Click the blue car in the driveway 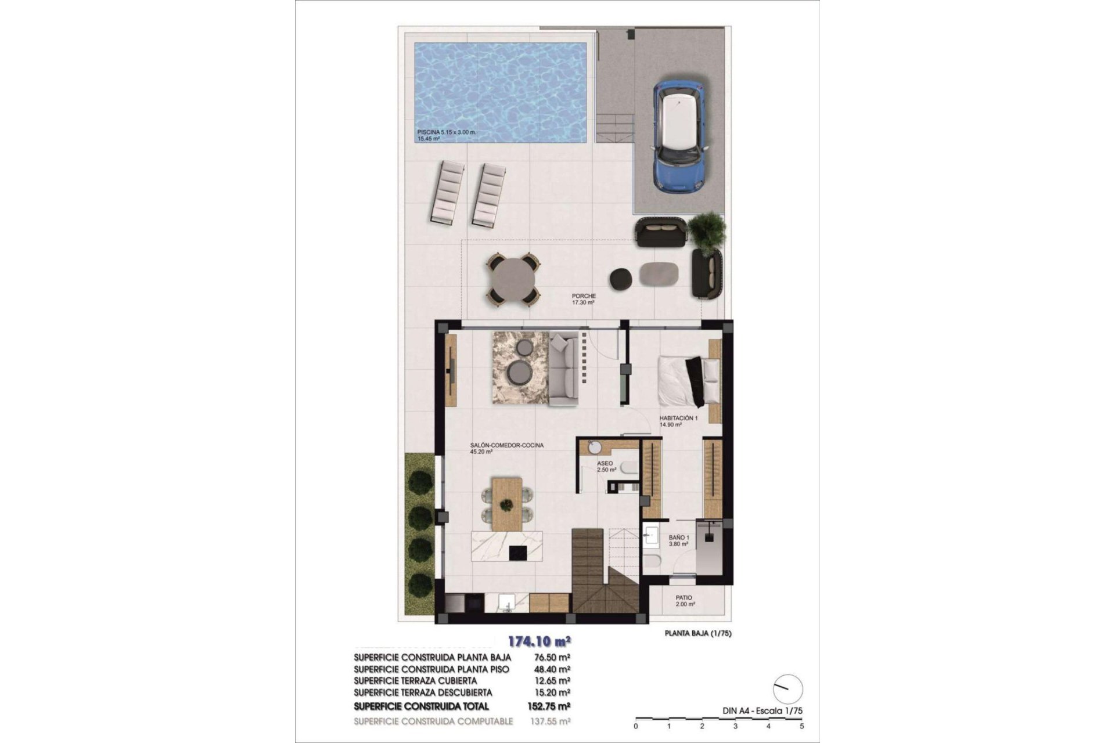679,136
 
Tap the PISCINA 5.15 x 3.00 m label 446,132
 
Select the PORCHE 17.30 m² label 584,299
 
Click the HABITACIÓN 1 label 678,418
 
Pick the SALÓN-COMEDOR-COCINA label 506,446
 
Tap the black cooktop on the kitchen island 518,552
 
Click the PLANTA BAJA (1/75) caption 697,634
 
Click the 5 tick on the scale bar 802,726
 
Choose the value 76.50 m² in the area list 551,658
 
